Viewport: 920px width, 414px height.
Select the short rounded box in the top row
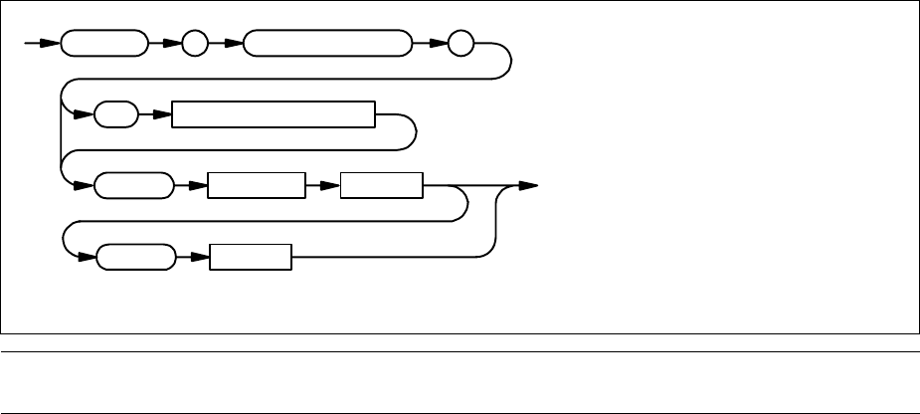(102, 45)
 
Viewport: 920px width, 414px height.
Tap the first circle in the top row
(194, 45)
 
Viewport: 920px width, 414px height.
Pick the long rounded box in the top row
(326, 45)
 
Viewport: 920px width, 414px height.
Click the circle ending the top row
(460, 45)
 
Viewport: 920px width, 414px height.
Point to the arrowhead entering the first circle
(173, 45)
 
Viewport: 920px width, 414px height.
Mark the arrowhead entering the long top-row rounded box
(235, 45)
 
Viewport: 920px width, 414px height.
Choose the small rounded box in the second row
(116, 115)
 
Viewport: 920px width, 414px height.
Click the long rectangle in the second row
(273, 115)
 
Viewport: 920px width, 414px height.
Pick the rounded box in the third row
(132, 186)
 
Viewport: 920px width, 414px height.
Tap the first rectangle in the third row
(255, 186)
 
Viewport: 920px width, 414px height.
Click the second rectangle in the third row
(381, 186)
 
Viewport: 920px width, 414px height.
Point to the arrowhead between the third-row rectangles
(330, 186)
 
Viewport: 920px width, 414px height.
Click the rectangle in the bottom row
(251, 257)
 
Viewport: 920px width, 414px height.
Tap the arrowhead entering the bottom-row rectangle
(199, 257)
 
